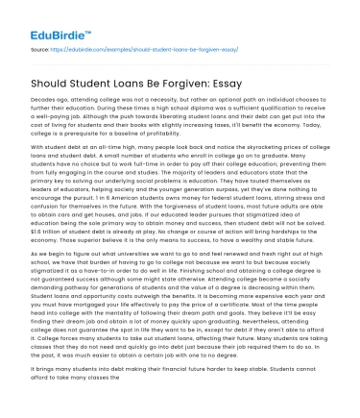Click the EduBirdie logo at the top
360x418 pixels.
coord(44,18)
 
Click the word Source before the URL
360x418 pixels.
coord(39,44)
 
